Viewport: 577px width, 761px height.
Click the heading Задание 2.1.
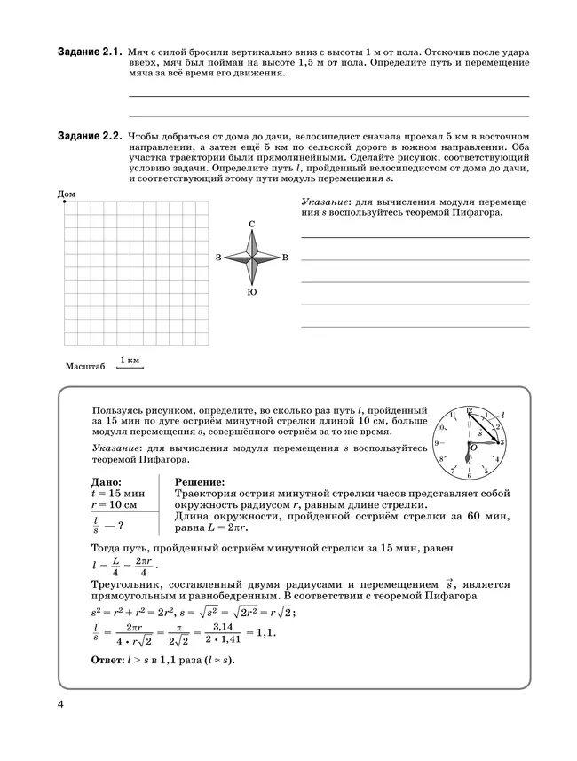point(90,53)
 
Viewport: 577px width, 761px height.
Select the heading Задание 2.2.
point(90,135)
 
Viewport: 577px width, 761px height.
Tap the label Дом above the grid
point(66,193)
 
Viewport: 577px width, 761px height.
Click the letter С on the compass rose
point(252,224)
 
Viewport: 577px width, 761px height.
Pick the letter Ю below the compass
point(252,292)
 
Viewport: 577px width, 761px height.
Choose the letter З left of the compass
point(218,258)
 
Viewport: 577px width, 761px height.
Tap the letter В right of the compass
point(285,258)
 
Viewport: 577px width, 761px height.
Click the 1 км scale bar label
point(130,359)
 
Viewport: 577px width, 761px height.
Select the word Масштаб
point(85,366)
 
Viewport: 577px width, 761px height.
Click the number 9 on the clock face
point(438,442)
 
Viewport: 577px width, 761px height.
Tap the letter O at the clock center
point(474,448)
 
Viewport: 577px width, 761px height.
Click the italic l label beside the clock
point(504,415)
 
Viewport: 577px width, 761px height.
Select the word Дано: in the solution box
point(109,481)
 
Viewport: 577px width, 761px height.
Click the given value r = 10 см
point(115,504)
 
